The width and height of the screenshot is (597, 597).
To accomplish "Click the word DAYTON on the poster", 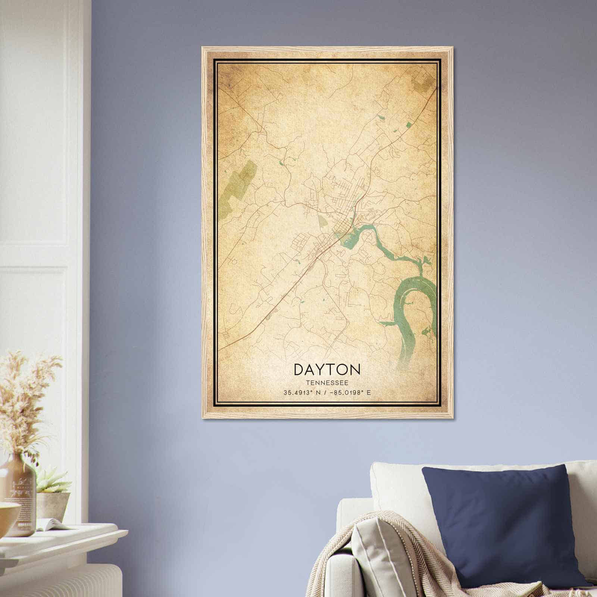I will pos(327,369).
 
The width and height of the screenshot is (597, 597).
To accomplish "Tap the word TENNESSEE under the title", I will pos(327,383).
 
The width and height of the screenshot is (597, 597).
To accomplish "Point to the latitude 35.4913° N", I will pos(303,393).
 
